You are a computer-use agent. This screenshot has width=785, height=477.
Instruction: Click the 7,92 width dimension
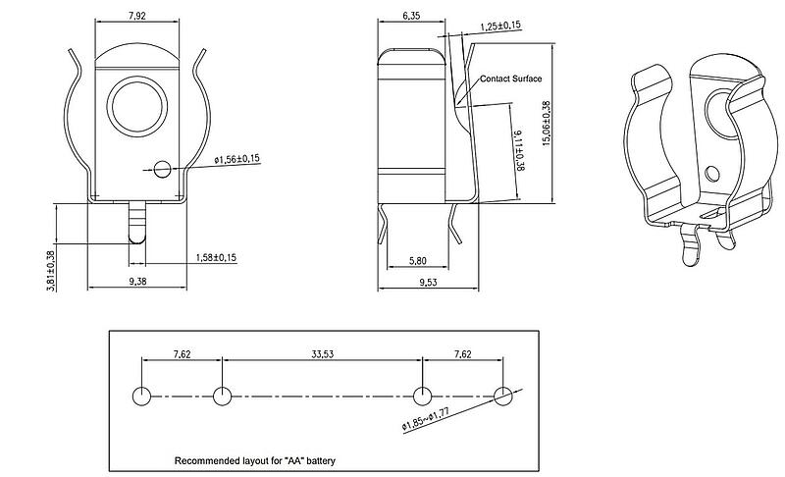coord(136,16)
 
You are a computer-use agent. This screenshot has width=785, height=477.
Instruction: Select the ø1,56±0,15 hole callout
coord(237,159)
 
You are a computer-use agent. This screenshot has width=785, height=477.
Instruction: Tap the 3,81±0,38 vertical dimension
coord(51,270)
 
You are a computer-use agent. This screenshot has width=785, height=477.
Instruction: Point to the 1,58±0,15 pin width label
coord(216,258)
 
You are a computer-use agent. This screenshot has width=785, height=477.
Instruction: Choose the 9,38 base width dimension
coord(137,282)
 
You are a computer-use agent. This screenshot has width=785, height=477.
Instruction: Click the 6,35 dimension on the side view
coord(411,16)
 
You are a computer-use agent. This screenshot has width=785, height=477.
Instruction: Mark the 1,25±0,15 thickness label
coord(500,26)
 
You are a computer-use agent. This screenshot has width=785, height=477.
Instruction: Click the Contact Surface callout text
coord(510,79)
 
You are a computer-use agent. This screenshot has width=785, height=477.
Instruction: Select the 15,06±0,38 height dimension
coord(547,124)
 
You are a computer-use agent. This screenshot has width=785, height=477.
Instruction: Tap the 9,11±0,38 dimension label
coord(519,150)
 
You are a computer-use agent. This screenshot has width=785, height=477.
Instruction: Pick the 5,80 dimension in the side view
coord(418,261)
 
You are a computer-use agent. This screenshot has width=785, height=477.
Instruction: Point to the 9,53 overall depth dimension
coord(428,283)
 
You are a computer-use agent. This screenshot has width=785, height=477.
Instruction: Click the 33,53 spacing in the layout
coord(323,354)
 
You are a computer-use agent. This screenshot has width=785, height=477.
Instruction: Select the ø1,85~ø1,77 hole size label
coord(425,419)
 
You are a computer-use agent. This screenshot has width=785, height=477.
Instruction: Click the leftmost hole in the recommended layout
coord(141,396)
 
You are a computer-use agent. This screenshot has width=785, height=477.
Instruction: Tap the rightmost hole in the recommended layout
coord(503,396)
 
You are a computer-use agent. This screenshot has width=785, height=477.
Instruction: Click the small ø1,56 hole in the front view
coord(162,169)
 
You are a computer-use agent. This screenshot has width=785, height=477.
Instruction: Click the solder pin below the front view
coord(136,223)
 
